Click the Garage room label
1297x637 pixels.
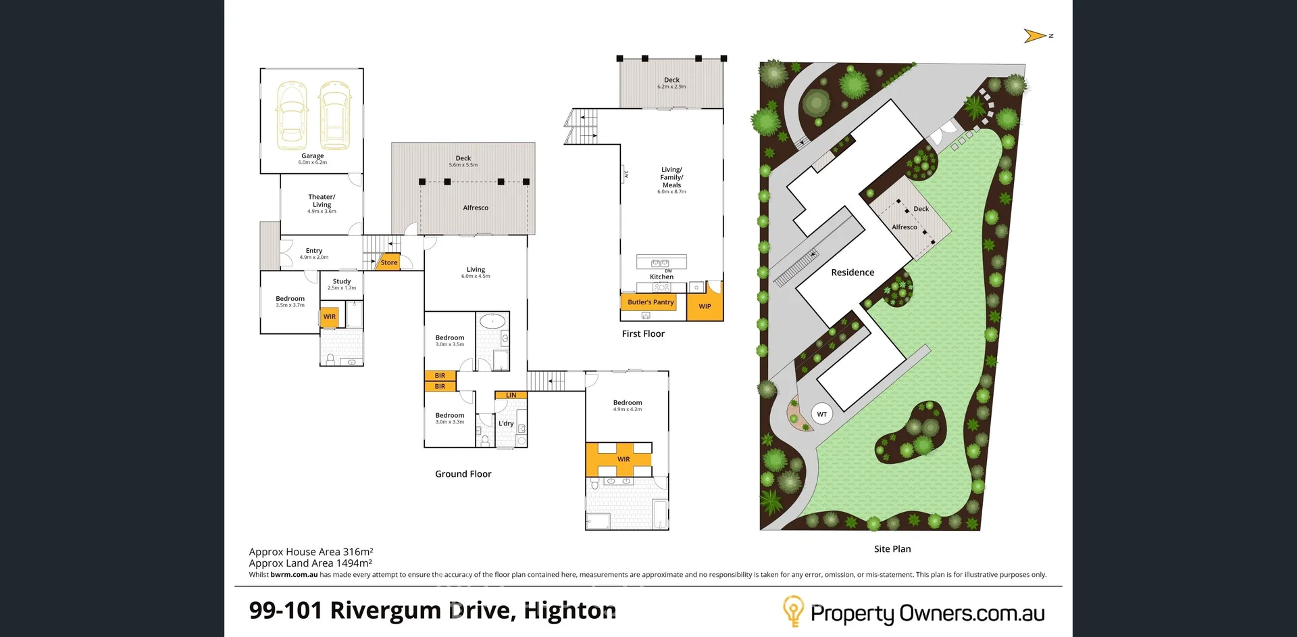312,156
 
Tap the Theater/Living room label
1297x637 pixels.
322,201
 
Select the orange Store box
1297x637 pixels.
388,262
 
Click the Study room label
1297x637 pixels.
342,281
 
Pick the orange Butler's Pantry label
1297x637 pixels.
650,302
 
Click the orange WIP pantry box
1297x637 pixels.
705,306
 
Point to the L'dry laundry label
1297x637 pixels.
506,423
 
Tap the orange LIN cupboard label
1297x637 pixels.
511,395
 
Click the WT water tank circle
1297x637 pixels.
821,414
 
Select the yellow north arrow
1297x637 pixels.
1034,36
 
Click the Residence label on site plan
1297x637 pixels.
853,273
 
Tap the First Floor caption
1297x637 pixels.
643,333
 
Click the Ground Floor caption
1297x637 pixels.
463,474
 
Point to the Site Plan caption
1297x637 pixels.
892,549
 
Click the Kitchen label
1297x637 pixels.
661,277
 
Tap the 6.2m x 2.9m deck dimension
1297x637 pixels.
671,87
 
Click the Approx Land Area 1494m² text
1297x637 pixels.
310,563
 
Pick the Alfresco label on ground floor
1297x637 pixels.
476,208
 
